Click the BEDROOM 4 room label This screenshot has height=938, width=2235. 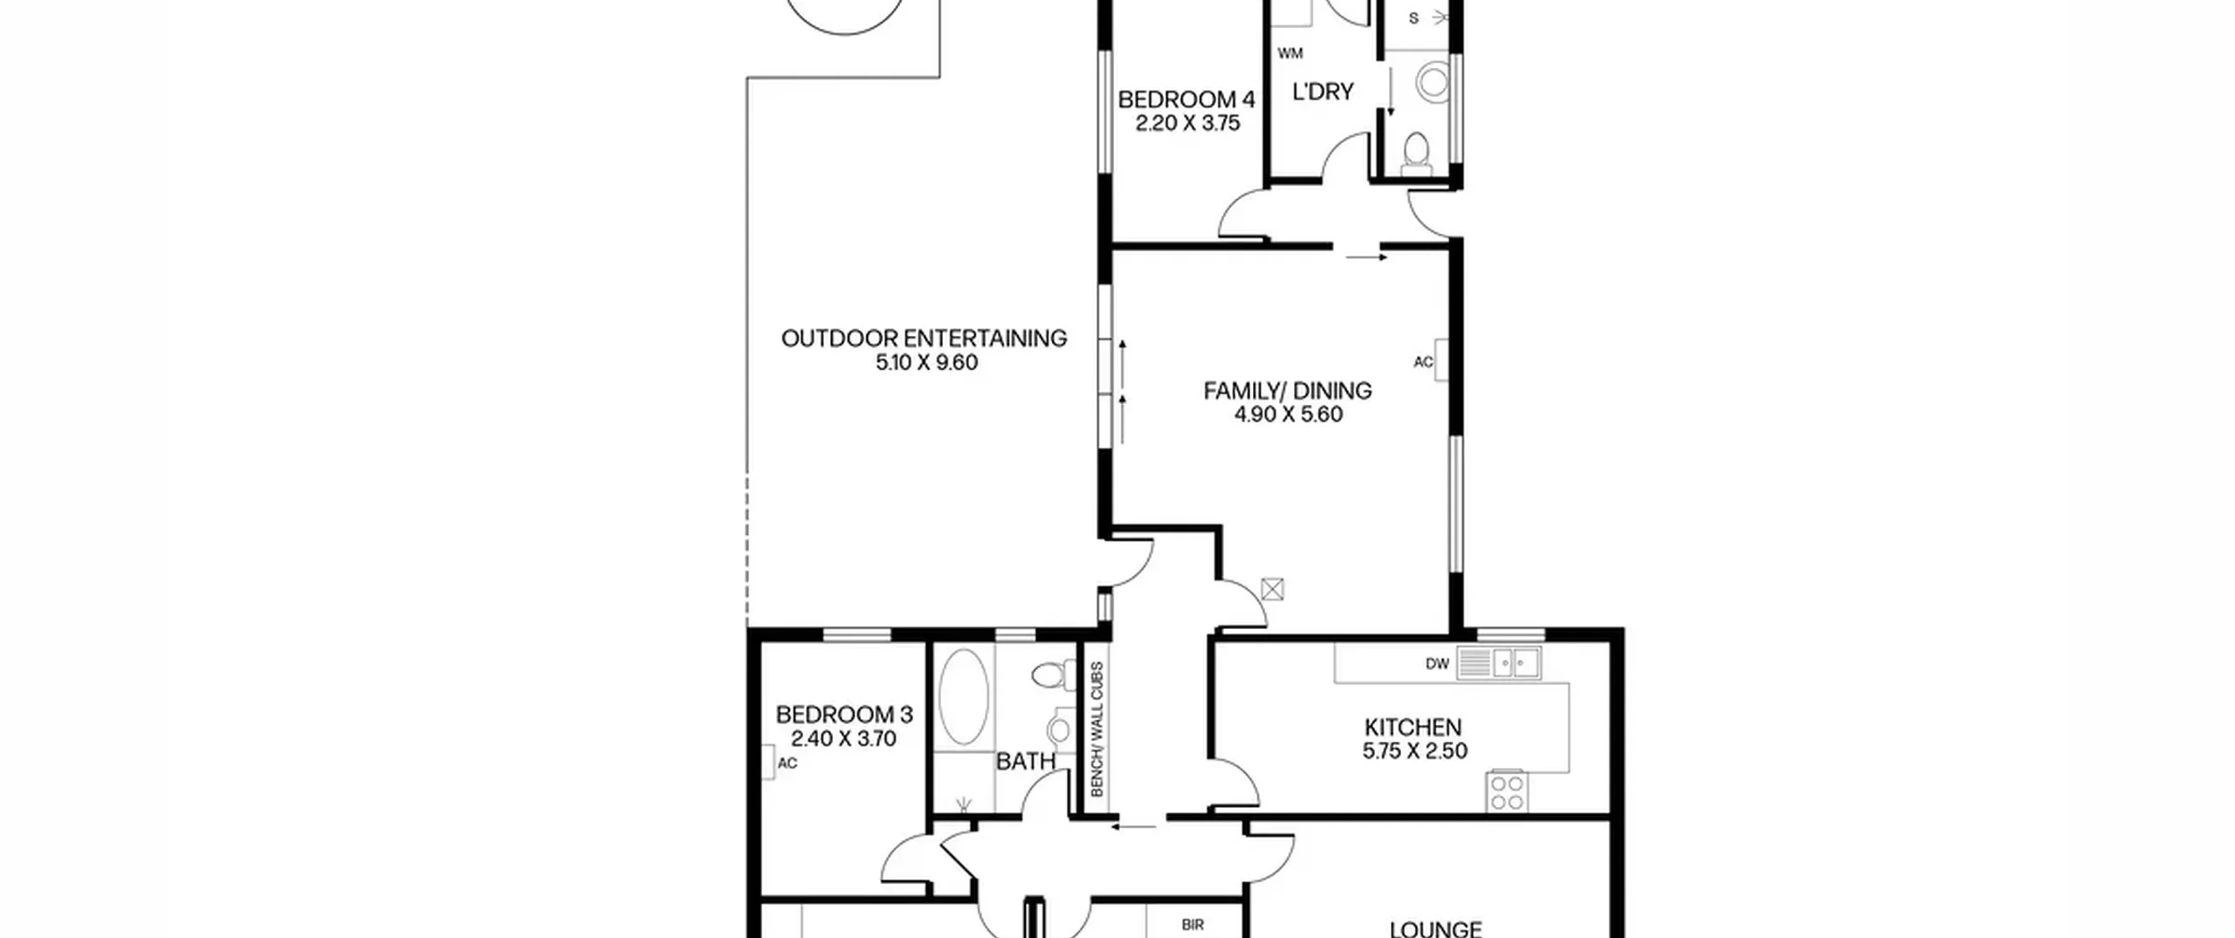pos(1186,99)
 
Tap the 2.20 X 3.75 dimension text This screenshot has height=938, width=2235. pos(1187,124)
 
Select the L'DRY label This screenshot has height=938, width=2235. pos(1323,92)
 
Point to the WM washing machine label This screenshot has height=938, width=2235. pos(1290,53)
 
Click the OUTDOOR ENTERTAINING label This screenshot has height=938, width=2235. pos(924,339)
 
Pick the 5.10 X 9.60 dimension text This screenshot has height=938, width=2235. pos(926,362)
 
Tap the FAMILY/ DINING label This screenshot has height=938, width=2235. pos(1288,391)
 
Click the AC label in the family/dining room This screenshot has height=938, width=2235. pos(1423,362)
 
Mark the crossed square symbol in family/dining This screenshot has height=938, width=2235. pos(1273,590)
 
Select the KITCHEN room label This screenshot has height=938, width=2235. pos(1413,727)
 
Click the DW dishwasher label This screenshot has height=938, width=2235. pos(1437,664)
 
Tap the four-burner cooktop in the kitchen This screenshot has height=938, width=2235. pos(1507,792)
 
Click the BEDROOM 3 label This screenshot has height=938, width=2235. pos(844,715)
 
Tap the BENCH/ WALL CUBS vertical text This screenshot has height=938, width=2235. pos(1097,729)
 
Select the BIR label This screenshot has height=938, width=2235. pos(1193,925)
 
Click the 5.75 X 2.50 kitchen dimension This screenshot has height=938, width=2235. pos(1415,750)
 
